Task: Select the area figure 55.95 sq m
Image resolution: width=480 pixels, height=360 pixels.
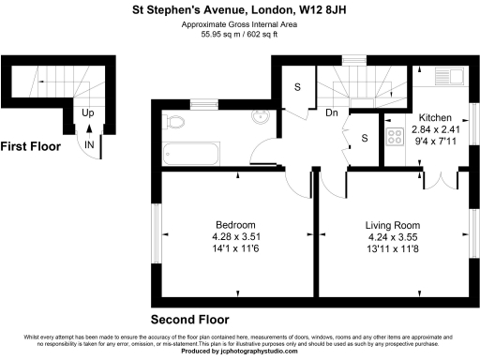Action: [219, 35]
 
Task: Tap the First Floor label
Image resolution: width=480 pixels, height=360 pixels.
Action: [31, 147]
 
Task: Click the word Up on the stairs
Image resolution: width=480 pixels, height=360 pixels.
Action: [88, 113]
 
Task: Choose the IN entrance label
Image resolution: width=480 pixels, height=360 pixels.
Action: [88, 145]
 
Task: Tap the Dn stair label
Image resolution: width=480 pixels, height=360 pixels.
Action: [332, 112]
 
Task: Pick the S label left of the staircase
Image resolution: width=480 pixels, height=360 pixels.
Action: [298, 87]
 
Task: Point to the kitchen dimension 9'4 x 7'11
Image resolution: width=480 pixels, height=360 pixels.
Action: [434, 141]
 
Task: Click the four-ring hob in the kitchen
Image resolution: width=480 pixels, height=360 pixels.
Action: [394, 137]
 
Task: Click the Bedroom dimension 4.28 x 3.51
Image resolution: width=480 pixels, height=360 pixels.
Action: [235, 237]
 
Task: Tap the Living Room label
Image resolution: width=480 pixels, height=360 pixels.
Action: [393, 226]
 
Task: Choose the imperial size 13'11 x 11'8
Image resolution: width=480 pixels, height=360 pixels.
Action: [393, 248]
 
